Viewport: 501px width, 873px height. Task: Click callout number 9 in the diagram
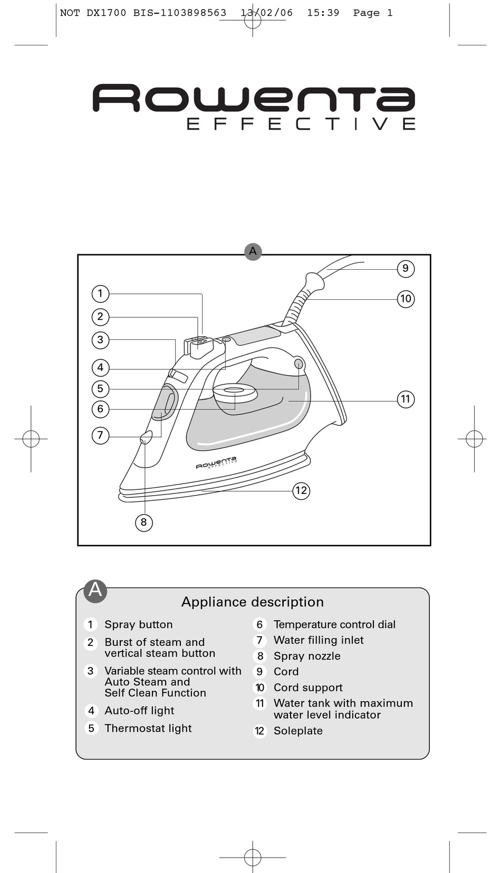pyautogui.click(x=406, y=269)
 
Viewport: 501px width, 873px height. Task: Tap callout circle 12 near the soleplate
pyautogui.click(x=301, y=491)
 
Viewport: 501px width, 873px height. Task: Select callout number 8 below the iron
pyautogui.click(x=143, y=523)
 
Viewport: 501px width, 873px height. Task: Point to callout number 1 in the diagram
pyautogui.click(x=100, y=293)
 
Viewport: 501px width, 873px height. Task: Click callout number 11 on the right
pyautogui.click(x=406, y=400)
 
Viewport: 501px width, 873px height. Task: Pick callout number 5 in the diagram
pyautogui.click(x=100, y=389)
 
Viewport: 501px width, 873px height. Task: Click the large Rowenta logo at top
pyautogui.click(x=254, y=98)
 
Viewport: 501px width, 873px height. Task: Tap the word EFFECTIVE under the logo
pyautogui.click(x=301, y=124)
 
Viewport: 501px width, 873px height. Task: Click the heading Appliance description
pyautogui.click(x=252, y=602)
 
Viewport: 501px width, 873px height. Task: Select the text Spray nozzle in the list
pyautogui.click(x=307, y=656)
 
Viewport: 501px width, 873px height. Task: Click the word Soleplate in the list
pyautogui.click(x=298, y=730)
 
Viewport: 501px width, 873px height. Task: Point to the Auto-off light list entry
pyautogui.click(x=139, y=710)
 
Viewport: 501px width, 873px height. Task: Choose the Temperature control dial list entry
pyautogui.click(x=334, y=624)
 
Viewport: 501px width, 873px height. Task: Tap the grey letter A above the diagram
pyautogui.click(x=253, y=251)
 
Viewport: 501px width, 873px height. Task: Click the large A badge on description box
pyautogui.click(x=95, y=591)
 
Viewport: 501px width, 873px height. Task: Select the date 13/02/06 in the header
pyautogui.click(x=267, y=13)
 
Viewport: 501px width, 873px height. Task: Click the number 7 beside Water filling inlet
pyautogui.click(x=259, y=640)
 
